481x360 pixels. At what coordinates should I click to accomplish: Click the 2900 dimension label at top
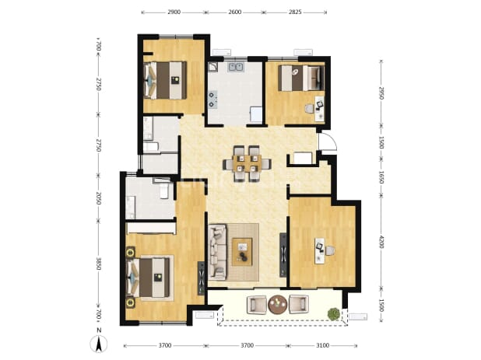tap(174, 12)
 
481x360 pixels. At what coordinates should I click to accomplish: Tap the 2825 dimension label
tap(295, 12)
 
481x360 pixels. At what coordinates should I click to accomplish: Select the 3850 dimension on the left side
tap(99, 264)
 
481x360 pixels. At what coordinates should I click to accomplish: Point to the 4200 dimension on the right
tap(381, 242)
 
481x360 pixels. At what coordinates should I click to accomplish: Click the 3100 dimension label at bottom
tap(323, 345)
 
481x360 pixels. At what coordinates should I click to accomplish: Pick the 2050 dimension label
tap(99, 198)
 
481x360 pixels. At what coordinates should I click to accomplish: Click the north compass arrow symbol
tap(99, 344)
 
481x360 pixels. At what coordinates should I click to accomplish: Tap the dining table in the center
tap(247, 163)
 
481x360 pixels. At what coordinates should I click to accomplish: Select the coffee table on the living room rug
tap(242, 252)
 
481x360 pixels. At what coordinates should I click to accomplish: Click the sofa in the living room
tap(217, 252)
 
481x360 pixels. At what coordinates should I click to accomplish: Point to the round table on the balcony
tap(278, 305)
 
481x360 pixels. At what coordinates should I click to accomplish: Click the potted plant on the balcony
tap(334, 314)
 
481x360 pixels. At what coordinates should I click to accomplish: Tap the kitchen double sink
tap(236, 67)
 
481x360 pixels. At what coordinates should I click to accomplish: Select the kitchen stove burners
tap(212, 100)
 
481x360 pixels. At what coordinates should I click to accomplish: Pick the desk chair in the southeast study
tap(329, 250)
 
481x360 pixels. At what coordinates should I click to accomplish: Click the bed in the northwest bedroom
tap(165, 80)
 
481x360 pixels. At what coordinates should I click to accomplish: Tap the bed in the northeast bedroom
tap(301, 78)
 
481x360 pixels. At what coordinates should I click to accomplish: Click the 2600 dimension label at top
tap(235, 12)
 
